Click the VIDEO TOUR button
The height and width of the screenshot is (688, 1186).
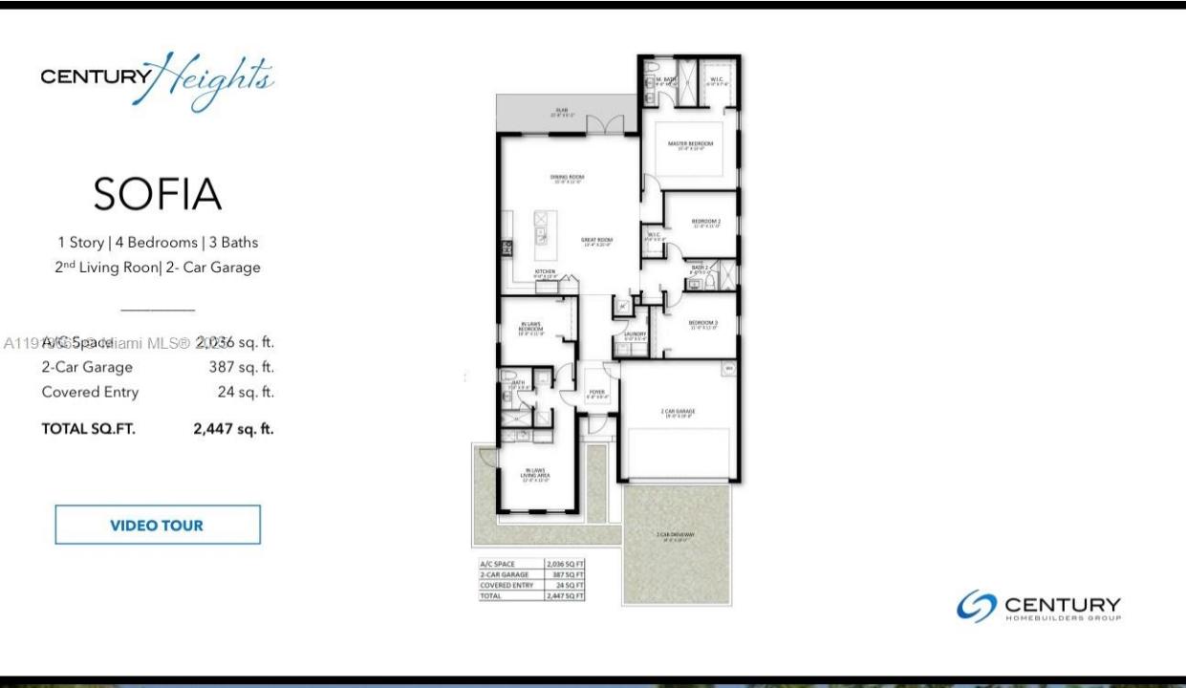[157, 525]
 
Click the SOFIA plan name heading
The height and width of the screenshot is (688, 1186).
[158, 195]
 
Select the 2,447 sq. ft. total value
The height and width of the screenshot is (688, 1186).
[233, 429]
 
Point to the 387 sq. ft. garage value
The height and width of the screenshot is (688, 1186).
[241, 367]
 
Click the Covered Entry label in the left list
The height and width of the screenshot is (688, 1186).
[90, 392]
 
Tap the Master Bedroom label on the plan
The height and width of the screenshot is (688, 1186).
[690, 143]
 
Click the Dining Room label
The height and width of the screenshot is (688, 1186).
[567, 177]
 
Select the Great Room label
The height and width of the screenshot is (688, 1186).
[596, 240]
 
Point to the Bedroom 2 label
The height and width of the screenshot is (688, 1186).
[705, 222]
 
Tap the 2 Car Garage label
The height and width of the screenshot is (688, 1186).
[678, 412]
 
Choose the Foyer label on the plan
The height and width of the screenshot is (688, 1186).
[596, 391]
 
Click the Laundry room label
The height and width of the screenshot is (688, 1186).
[636, 333]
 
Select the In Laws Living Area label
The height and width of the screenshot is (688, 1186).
[534, 473]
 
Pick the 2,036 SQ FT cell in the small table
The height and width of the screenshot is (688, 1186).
[564, 565]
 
